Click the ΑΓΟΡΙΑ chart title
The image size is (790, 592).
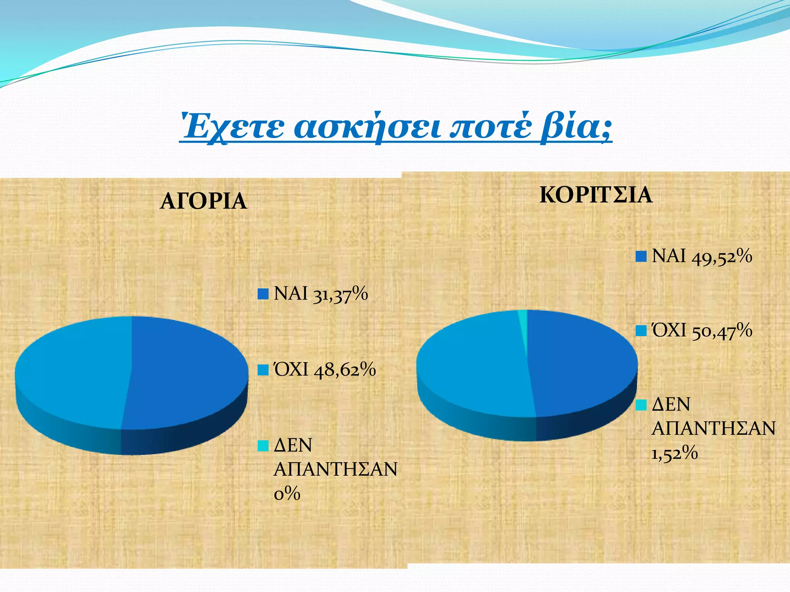[203, 201]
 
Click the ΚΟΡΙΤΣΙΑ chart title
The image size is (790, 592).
[596, 195]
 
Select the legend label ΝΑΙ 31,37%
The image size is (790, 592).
[321, 294]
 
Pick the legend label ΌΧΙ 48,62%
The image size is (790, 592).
[324, 370]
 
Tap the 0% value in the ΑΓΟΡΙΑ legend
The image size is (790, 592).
[287, 494]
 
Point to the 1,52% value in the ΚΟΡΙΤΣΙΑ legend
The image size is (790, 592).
[675, 453]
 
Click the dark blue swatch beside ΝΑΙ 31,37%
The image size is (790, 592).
[263, 294]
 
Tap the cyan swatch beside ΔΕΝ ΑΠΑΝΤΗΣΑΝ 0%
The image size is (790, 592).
[263, 446]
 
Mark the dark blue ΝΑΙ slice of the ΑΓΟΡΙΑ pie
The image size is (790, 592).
[185, 370]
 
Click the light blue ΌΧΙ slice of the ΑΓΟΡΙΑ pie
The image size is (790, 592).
[73, 370]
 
